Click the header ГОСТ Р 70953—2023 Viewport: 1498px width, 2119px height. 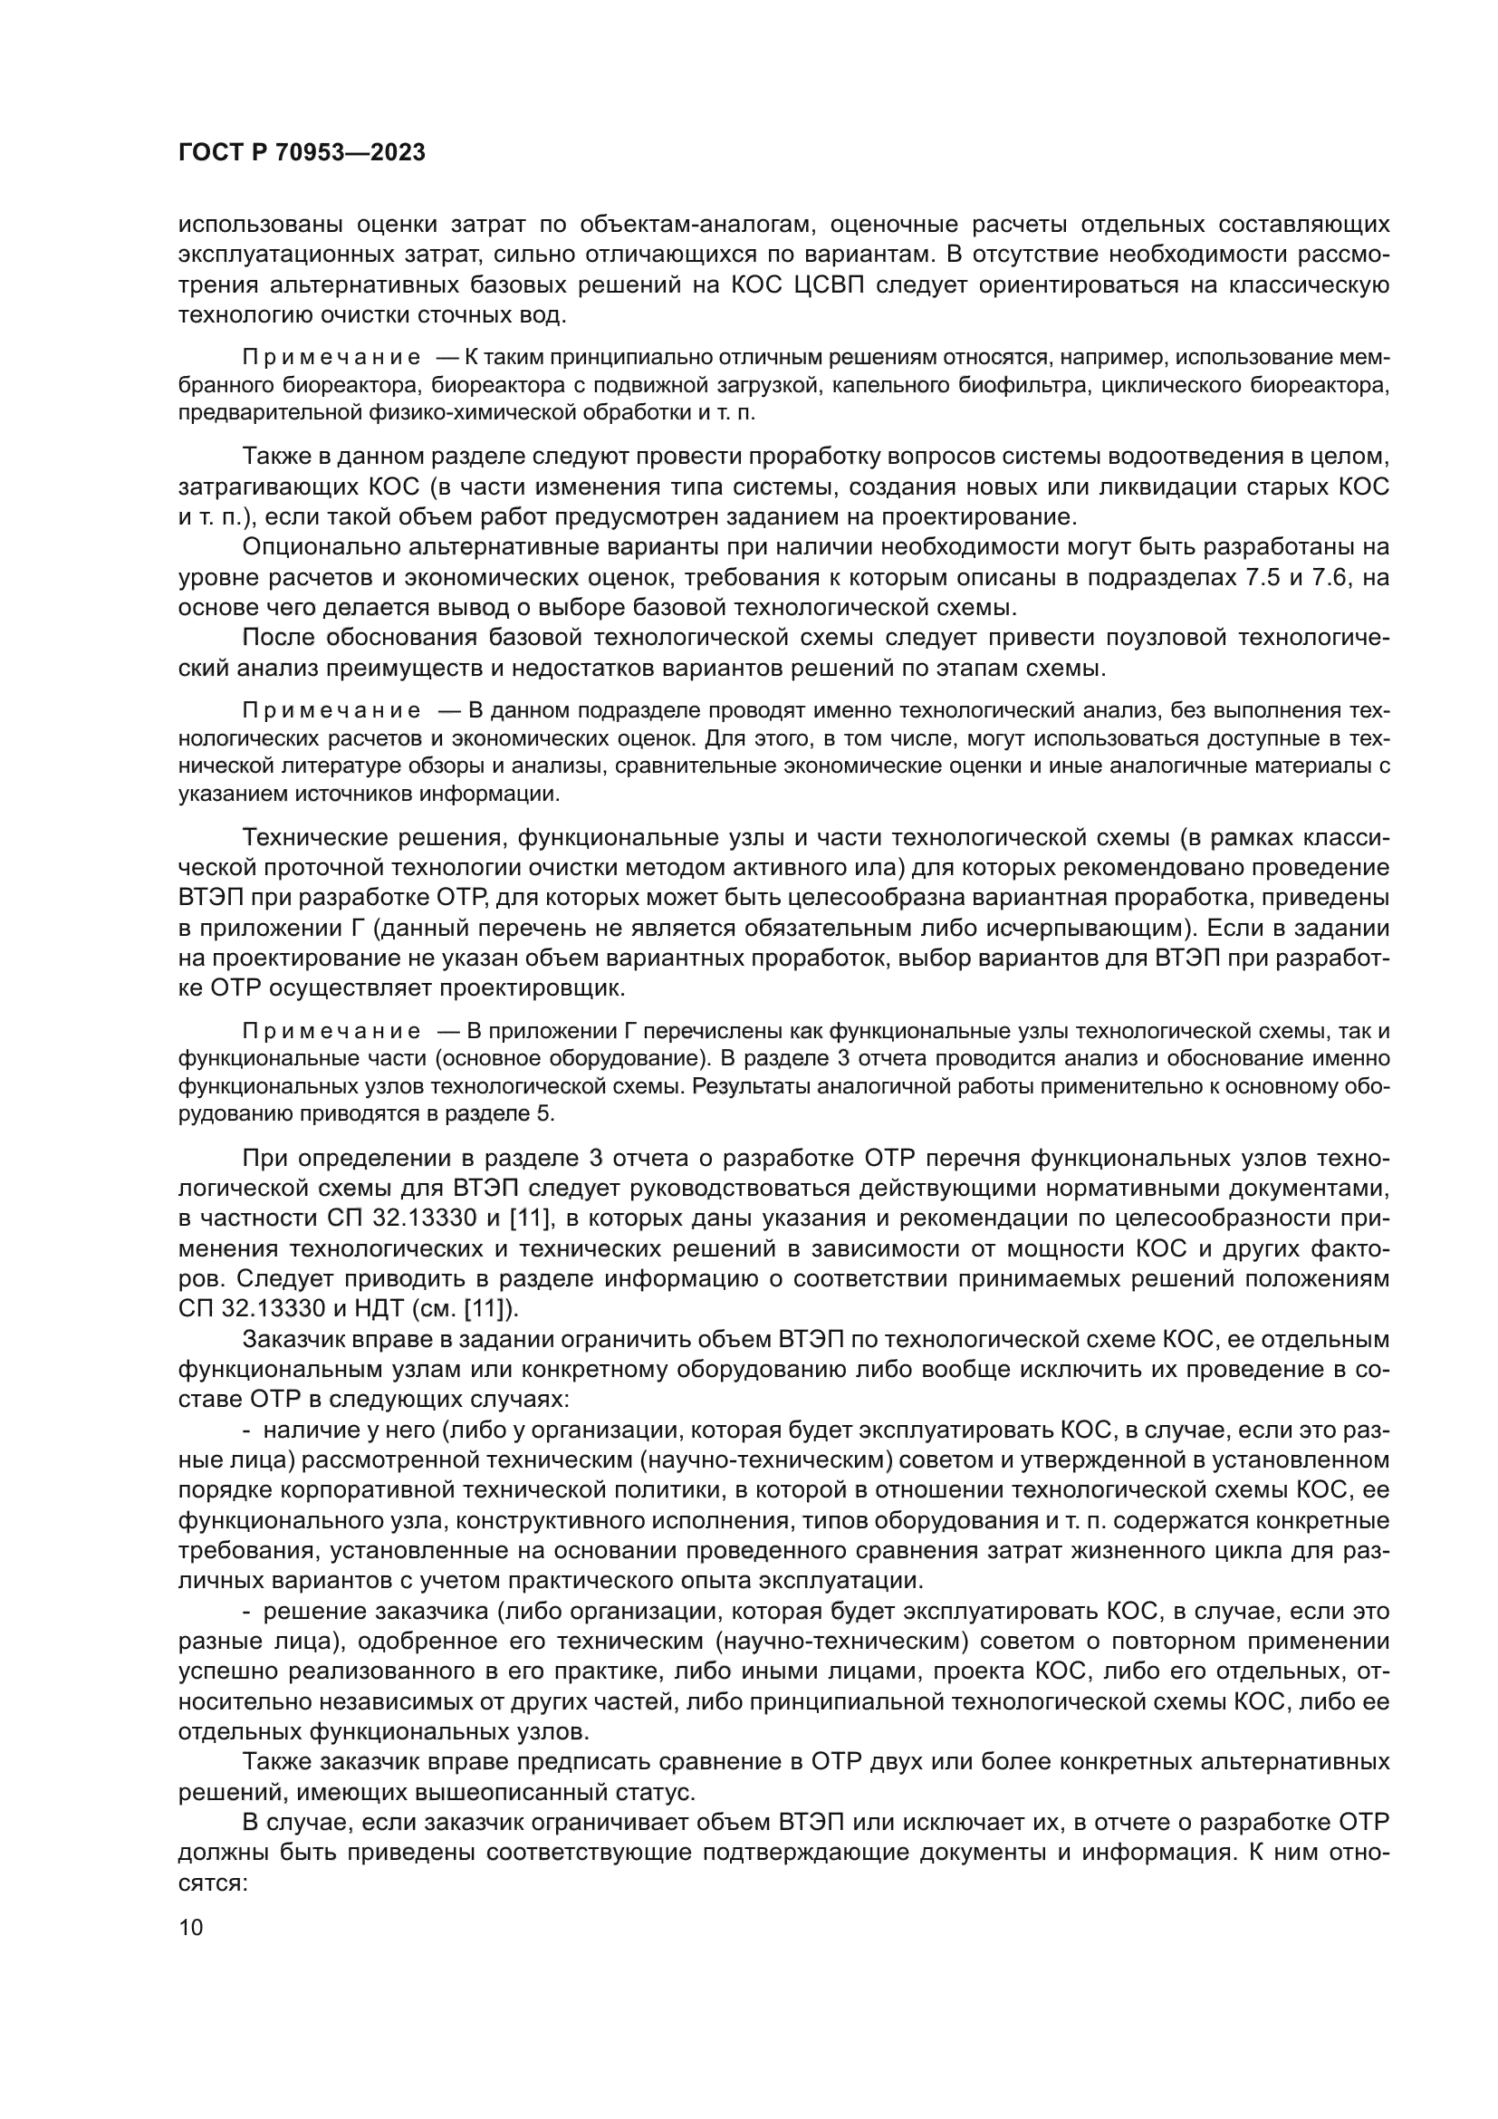[301, 153]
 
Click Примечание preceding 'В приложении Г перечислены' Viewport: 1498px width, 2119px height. [331, 1031]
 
